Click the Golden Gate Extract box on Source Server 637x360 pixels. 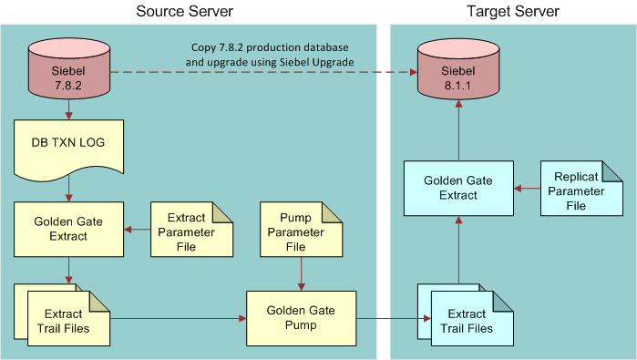click(69, 229)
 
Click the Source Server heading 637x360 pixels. click(184, 12)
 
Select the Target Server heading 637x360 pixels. click(512, 12)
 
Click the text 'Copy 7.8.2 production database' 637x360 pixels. click(270, 47)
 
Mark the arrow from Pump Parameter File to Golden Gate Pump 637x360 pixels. click(301, 273)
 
